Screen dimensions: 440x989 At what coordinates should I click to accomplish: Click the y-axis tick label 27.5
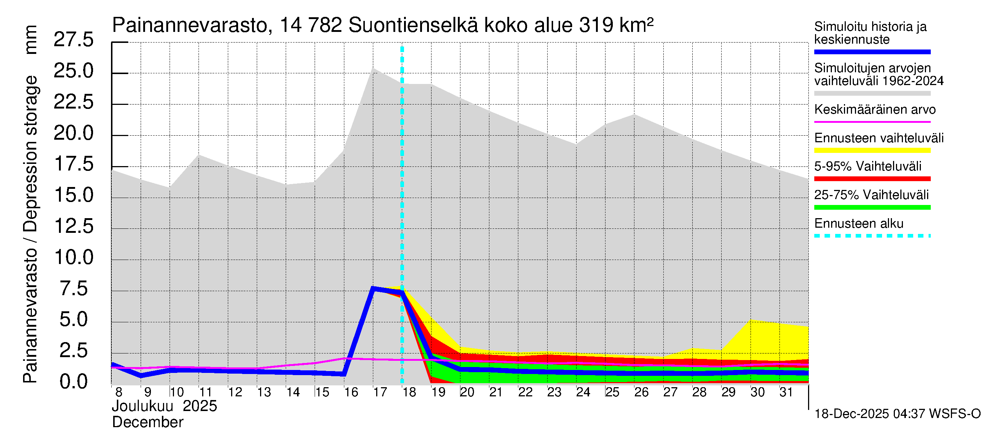tap(73, 40)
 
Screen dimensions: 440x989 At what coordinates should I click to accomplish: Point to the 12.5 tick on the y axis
tap(73, 226)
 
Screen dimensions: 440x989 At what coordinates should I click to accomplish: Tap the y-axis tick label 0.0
tap(73, 382)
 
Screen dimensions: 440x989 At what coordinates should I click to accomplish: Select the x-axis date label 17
tap(380, 392)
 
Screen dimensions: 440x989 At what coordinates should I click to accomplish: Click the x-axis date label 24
tap(583, 392)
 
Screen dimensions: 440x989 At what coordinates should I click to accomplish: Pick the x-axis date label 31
tap(786, 392)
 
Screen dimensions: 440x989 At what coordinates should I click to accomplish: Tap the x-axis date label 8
tap(119, 392)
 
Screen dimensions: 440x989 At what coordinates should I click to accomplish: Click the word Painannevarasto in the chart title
tap(190, 26)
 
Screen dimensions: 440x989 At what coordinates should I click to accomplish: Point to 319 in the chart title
tap(596, 26)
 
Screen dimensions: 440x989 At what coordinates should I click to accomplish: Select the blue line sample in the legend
tap(872, 52)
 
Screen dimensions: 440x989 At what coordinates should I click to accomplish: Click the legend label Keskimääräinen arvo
tap(875, 110)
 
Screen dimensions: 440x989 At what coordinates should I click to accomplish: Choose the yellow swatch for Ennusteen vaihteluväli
tap(872, 150)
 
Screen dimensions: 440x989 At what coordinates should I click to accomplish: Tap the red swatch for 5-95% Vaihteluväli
tap(872, 179)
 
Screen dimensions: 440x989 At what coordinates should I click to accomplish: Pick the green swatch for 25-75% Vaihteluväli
tap(872, 208)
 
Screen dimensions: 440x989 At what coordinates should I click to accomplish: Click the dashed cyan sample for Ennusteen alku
tap(872, 235)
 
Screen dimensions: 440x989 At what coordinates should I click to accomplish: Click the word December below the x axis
tap(147, 422)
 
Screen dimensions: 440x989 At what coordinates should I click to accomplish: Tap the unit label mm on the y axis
tap(31, 40)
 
